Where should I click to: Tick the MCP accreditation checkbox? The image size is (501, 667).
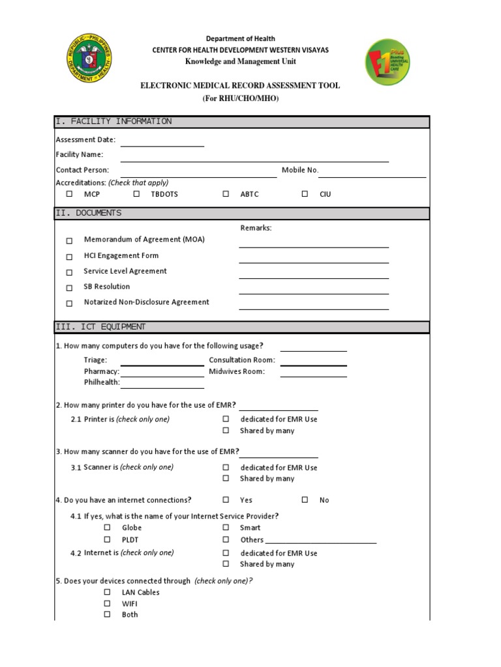(x=69, y=194)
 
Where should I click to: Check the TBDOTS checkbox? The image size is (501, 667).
(x=136, y=194)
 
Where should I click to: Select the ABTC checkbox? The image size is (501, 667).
(x=226, y=194)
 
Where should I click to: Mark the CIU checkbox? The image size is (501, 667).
(x=305, y=194)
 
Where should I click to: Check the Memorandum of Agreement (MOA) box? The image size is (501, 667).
(x=69, y=240)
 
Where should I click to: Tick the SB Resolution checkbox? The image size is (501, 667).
(x=69, y=287)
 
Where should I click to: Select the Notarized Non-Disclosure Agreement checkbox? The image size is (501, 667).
(x=69, y=303)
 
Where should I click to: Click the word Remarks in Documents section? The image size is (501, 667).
(x=256, y=228)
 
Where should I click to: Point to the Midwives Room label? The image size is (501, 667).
(x=237, y=371)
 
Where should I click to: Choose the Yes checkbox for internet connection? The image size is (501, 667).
(x=226, y=500)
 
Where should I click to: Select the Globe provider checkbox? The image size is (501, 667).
(x=107, y=528)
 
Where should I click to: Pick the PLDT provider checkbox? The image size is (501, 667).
(x=107, y=540)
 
